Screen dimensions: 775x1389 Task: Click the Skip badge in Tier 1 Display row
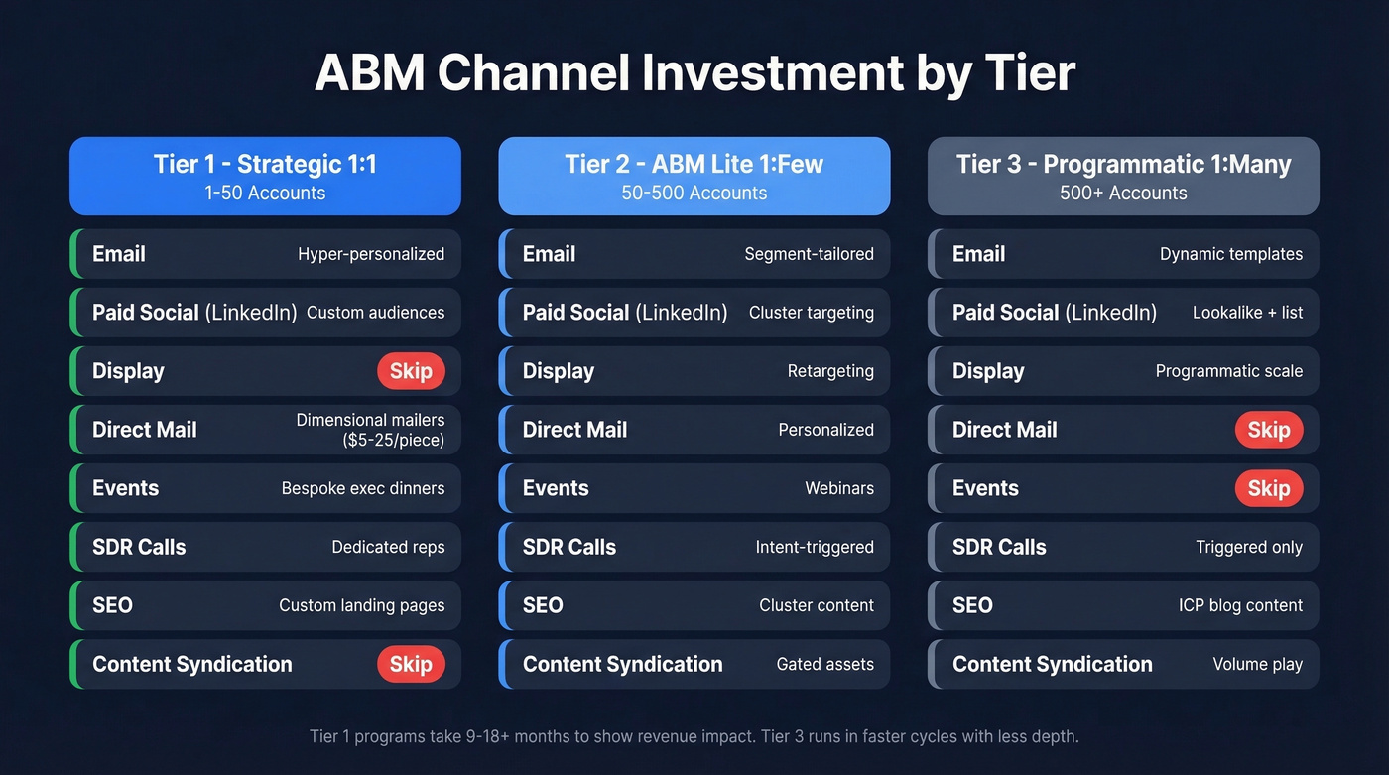[x=411, y=371]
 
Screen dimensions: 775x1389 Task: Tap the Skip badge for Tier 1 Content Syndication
[x=411, y=664]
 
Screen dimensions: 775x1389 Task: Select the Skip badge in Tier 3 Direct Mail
[x=1268, y=430]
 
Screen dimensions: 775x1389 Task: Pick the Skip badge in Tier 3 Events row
[x=1268, y=488]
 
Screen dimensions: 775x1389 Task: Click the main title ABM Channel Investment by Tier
[x=694, y=73]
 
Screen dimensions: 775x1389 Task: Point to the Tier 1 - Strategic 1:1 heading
[x=265, y=164]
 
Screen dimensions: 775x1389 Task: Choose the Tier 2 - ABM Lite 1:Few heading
[x=694, y=164]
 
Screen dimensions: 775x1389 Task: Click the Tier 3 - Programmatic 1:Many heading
[x=1123, y=164]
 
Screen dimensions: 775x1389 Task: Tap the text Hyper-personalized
[x=371, y=254]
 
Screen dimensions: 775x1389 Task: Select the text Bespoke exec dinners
[x=363, y=488]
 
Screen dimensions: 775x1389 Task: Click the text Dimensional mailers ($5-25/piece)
[x=370, y=430]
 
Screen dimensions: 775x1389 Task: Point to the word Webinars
[x=839, y=488]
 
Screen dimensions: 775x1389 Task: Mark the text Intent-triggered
[x=815, y=547]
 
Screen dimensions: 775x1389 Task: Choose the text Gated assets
[x=824, y=664]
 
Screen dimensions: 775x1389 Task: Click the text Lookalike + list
[x=1247, y=313]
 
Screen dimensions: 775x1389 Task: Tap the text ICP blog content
[x=1240, y=605]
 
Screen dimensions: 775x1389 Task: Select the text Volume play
[x=1257, y=664]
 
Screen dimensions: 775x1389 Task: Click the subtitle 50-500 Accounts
[x=694, y=193]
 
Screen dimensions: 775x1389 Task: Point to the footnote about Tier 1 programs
[x=694, y=736]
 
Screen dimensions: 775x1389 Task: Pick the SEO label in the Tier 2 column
[x=543, y=605]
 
